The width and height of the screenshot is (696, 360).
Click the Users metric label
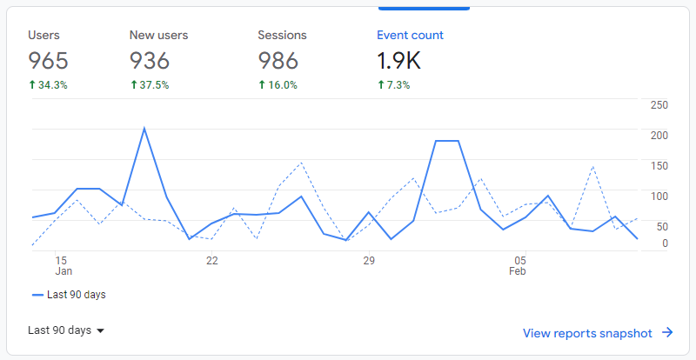(x=43, y=36)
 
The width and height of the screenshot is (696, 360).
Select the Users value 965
(x=48, y=61)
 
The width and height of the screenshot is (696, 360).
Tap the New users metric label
(x=158, y=36)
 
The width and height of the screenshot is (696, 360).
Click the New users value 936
(x=150, y=61)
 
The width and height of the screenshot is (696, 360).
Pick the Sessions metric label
(x=282, y=36)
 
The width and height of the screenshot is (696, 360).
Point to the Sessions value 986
(x=278, y=61)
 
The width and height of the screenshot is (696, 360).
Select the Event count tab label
(x=410, y=36)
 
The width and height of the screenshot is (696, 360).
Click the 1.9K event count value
(x=398, y=61)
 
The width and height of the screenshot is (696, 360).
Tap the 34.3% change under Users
(x=48, y=85)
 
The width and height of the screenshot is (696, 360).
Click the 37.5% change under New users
(x=150, y=85)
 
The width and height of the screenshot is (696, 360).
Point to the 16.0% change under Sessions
(x=278, y=85)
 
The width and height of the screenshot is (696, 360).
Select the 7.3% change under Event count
(x=393, y=85)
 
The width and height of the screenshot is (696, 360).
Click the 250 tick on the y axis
(x=659, y=105)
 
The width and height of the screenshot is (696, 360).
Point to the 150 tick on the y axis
(x=659, y=166)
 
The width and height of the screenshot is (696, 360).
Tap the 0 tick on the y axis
(x=665, y=243)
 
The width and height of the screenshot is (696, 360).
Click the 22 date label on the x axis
(x=211, y=260)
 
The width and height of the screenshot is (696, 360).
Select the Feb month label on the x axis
(x=518, y=271)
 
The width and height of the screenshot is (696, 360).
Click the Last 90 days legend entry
(x=69, y=295)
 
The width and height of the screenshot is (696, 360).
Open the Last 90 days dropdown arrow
(x=100, y=331)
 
